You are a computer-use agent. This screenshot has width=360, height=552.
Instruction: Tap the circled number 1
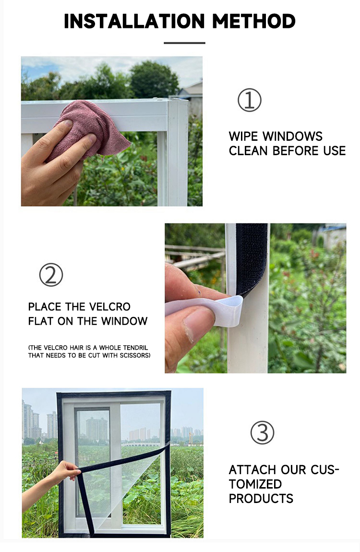250,100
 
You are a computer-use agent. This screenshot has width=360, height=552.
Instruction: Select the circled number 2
51,275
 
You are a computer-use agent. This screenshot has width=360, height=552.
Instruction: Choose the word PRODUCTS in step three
261,499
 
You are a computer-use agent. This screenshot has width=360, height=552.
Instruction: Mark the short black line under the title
184,43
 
